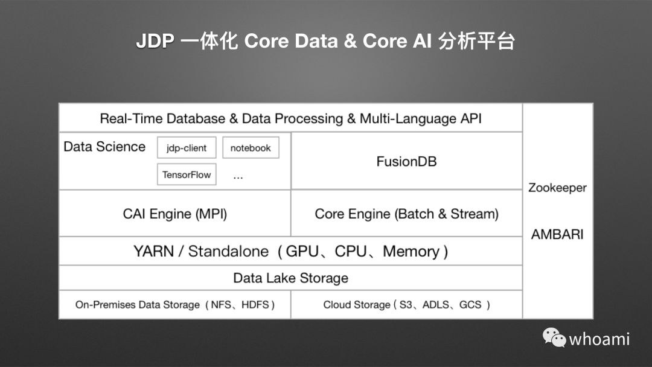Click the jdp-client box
[187, 148]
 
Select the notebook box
[251, 148]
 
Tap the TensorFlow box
[187, 175]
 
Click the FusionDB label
[406, 162]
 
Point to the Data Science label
[104, 147]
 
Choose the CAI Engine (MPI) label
[175, 214]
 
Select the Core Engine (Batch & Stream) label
[406, 214]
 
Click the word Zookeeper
[557, 188]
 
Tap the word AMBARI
[557, 235]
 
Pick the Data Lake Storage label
[290, 278]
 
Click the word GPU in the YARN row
[302, 251]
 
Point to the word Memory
[411, 251]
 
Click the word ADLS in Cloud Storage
[435, 305]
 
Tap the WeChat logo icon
[554, 337]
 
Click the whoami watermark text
[599, 339]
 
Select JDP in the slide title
[155, 42]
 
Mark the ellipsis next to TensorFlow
[238, 176]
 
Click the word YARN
[153, 251]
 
